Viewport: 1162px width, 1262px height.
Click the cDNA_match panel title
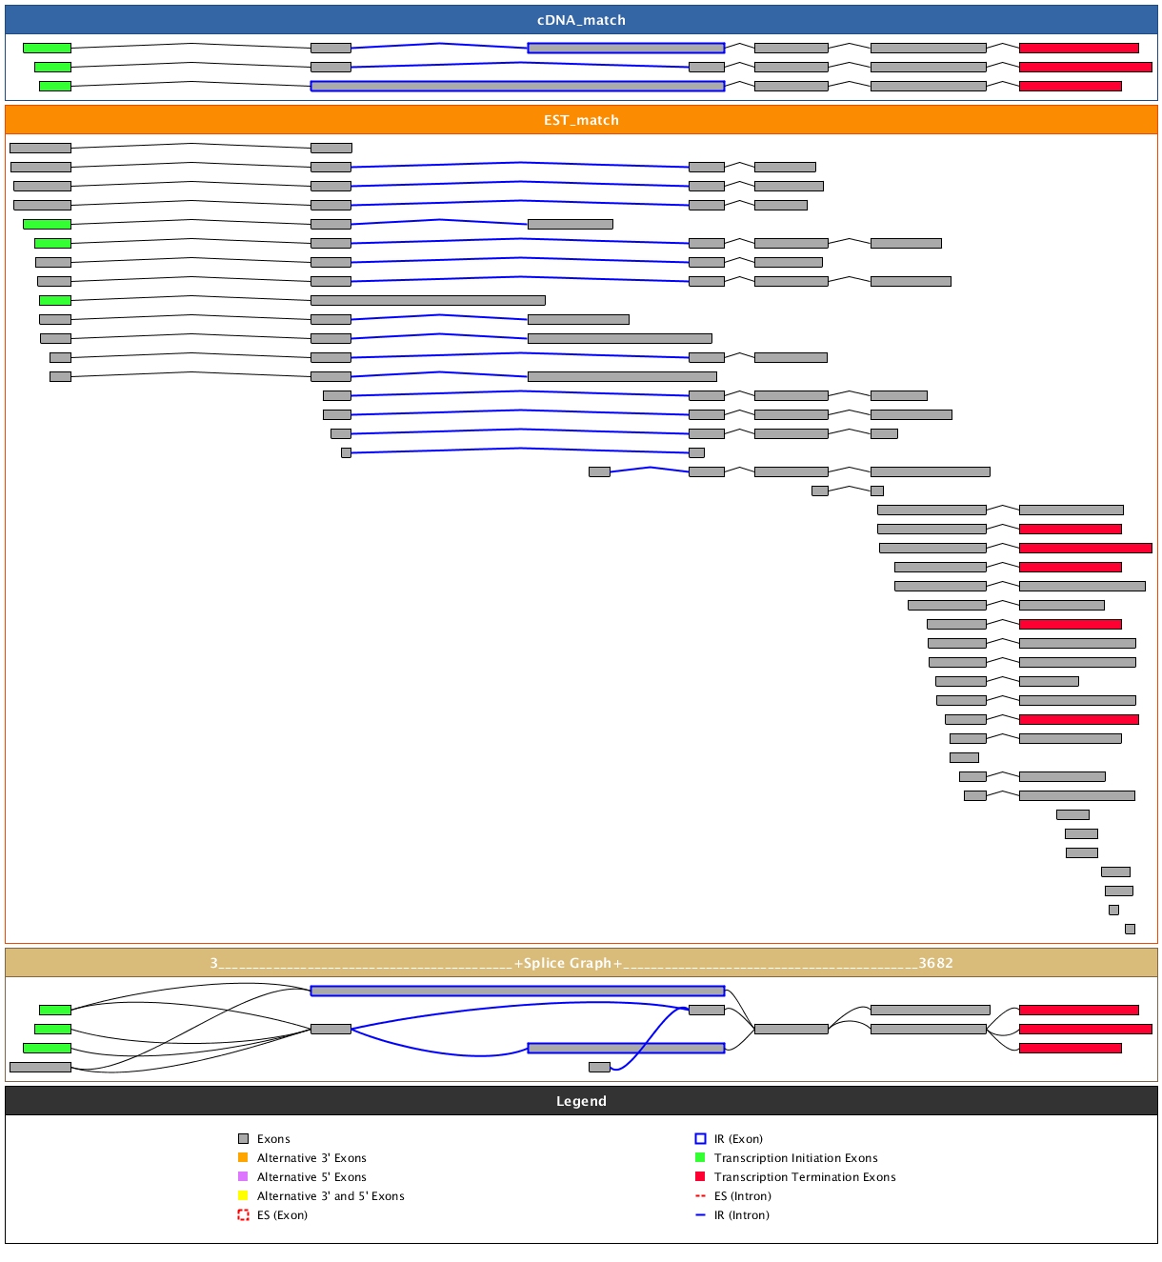pyautogui.click(x=581, y=20)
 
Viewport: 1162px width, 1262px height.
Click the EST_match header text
pyautogui.click(x=581, y=120)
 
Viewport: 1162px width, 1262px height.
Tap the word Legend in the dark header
pyautogui.click(x=581, y=1101)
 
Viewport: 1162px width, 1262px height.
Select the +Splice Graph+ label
pyautogui.click(x=568, y=963)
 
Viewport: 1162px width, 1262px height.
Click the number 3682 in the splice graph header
pyautogui.click(x=935, y=963)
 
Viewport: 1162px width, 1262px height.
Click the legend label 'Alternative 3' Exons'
pyautogui.click(x=311, y=1158)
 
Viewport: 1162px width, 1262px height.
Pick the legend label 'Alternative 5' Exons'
pyautogui.click(x=311, y=1177)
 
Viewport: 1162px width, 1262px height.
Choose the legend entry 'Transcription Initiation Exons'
pyautogui.click(x=795, y=1158)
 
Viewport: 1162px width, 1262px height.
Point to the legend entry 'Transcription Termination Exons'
pyautogui.click(x=805, y=1177)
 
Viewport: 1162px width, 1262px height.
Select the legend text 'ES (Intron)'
pyautogui.click(x=742, y=1196)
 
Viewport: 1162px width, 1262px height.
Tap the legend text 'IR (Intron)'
pyautogui.click(x=741, y=1215)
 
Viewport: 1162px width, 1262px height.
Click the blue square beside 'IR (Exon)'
pyautogui.click(x=700, y=1139)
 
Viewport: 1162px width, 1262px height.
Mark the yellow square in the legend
pyautogui.click(x=243, y=1196)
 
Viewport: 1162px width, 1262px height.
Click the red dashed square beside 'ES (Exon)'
pyautogui.click(x=243, y=1215)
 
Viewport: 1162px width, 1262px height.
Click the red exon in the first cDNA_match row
pyautogui.click(x=1078, y=48)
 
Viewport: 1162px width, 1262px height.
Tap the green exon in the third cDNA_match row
pyautogui.click(x=55, y=86)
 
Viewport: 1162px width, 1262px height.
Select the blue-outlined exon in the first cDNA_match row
pyautogui.click(x=626, y=48)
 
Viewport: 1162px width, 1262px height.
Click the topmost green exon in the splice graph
pyautogui.click(x=55, y=1010)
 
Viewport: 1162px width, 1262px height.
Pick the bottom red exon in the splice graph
pyautogui.click(x=1070, y=1048)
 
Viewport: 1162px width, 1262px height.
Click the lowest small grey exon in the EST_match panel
pyautogui.click(x=1130, y=929)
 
